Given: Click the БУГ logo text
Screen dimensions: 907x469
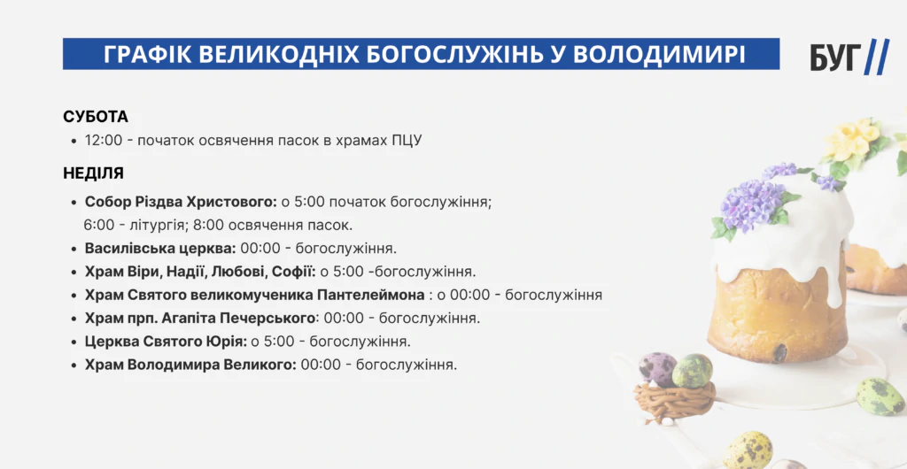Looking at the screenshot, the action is click(836, 58).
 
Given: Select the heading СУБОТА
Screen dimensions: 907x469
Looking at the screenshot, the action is click(96, 117).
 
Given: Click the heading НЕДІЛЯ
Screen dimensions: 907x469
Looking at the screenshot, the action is click(93, 173).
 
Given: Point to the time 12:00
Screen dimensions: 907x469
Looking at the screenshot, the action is click(104, 141).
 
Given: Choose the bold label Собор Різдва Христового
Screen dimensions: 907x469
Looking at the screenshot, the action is click(181, 202).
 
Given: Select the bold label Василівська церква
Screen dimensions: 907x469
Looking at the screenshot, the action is click(160, 249).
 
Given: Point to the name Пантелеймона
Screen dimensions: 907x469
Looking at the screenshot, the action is click(371, 295).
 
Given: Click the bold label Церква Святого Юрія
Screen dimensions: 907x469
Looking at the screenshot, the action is click(166, 342).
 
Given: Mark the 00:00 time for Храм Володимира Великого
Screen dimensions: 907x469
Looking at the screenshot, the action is click(320, 365).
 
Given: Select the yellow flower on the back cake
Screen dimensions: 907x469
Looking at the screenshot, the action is click(851, 139).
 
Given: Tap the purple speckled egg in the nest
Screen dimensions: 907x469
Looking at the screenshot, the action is click(658, 370).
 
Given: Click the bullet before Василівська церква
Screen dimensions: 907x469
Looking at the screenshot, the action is click(74, 249).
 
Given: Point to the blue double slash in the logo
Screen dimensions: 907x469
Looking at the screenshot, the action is click(877, 58).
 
